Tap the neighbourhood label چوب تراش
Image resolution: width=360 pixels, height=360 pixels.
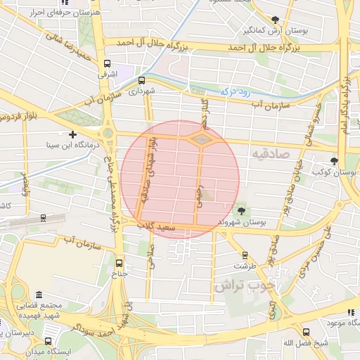(x=243, y=285)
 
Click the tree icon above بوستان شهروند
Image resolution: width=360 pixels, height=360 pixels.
(x=242, y=211)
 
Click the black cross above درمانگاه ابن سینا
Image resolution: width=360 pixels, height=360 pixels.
(x=72, y=134)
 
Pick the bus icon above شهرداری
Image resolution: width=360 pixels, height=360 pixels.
(x=143, y=80)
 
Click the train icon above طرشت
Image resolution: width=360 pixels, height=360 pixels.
(x=245, y=255)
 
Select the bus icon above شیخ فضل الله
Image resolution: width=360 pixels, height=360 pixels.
(x=306, y=332)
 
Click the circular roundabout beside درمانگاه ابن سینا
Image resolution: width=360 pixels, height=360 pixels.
(x=108, y=131)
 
